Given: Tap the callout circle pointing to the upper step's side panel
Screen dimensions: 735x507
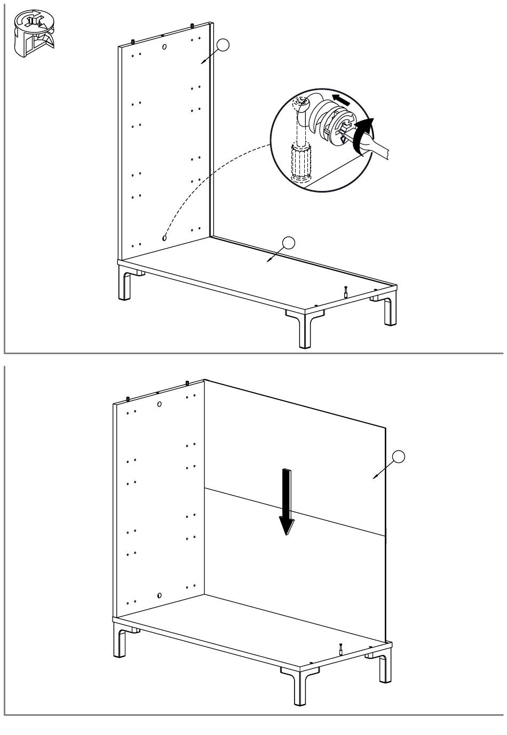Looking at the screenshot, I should click(225, 45).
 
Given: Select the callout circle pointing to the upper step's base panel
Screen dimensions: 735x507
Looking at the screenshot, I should click(288, 243).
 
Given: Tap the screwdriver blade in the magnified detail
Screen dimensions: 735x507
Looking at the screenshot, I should click(377, 148).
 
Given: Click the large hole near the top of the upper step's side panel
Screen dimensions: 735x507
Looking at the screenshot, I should click(164, 47).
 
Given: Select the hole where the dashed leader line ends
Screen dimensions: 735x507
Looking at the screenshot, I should click(164, 238).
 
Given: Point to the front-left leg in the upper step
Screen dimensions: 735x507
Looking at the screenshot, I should click(125, 285).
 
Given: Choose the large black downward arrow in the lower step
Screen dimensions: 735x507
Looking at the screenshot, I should click(287, 501).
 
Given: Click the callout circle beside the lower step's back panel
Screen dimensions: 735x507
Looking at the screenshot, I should click(398, 457).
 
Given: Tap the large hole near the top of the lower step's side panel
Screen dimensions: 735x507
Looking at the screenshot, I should click(160, 404).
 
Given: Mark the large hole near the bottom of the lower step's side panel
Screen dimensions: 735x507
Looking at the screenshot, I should click(160, 595).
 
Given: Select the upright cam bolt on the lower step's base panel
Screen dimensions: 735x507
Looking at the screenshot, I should click(340, 650).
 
